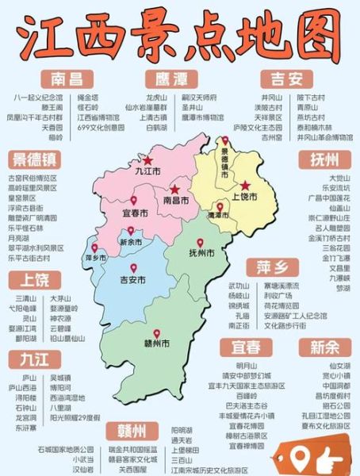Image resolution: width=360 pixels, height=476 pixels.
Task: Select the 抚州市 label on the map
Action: pos(201,254)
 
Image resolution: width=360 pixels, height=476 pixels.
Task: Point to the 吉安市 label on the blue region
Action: pos(132,279)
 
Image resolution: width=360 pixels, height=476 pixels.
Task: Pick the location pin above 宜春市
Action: pos(133,201)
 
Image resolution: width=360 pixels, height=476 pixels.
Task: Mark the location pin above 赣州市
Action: pos(157,334)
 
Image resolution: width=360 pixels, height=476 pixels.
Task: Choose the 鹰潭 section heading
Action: pos(170,78)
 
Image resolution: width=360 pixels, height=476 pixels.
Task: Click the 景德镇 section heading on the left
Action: pos(35,159)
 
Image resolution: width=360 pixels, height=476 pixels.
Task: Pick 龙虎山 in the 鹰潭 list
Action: pos(155,97)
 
